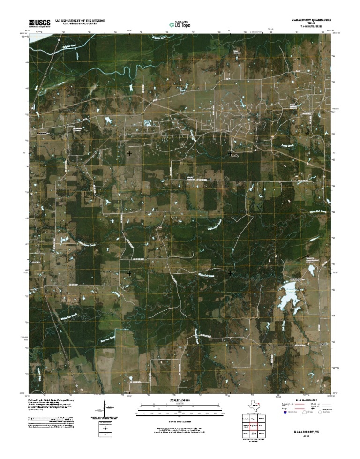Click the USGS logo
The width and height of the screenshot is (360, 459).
click(x=39, y=23)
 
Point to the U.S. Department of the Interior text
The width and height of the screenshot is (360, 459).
click(x=80, y=21)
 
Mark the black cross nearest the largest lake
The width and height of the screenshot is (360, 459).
click(x=230, y=273)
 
